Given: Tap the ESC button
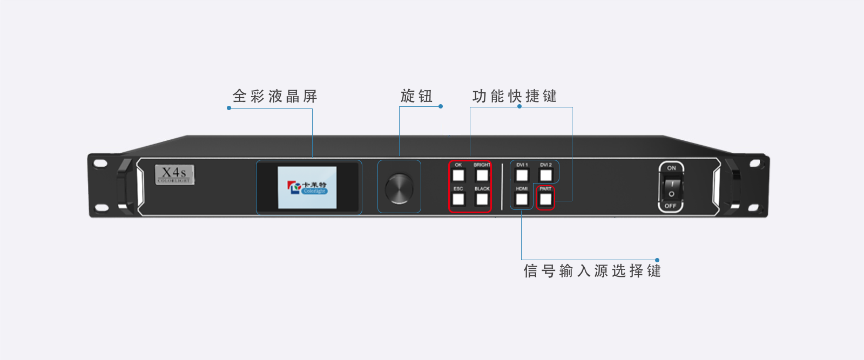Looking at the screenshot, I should [x=458, y=199].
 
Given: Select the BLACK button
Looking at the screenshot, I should [x=482, y=199].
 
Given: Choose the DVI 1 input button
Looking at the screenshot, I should [x=522, y=175].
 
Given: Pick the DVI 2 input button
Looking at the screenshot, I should [x=546, y=175].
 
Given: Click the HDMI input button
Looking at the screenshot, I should [x=522, y=199].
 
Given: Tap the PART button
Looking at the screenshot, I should [x=546, y=199].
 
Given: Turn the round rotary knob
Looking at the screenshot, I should [x=399, y=188].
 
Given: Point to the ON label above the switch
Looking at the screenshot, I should [x=671, y=168].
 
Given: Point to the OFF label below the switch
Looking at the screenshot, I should [x=670, y=206].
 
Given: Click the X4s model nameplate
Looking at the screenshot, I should [x=174, y=174].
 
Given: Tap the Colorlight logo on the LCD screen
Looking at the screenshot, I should [x=307, y=187].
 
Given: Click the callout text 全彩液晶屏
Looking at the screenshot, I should [x=275, y=96].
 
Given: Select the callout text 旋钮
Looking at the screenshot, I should [x=416, y=96].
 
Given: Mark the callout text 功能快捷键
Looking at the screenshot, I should [x=514, y=96].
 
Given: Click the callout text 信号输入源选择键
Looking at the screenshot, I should [x=592, y=270].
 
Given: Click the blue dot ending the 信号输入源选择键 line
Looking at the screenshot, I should [x=657, y=260].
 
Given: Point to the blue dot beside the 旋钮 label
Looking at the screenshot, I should [x=441, y=106].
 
